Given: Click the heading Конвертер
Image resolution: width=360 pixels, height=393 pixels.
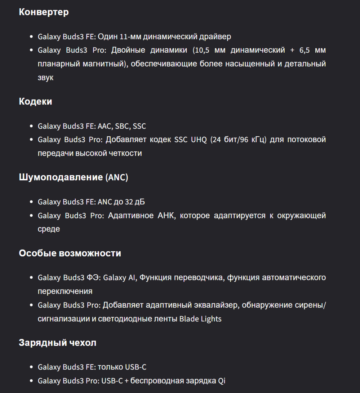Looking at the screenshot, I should [44, 12].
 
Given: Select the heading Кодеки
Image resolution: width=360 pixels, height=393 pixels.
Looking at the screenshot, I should [35, 102].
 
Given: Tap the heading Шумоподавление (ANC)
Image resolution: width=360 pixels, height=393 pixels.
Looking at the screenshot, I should [74, 177].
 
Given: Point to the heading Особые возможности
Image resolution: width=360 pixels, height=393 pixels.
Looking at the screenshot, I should [70, 253].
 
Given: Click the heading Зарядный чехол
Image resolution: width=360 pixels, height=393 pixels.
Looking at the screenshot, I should [57, 343].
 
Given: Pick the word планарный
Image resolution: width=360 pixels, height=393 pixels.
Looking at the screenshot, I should [55, 64].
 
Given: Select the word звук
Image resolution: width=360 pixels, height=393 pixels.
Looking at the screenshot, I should [46, 78].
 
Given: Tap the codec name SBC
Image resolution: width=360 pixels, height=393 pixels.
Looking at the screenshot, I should [122, 126].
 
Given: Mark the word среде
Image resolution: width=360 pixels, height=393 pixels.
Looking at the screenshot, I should [49, 229].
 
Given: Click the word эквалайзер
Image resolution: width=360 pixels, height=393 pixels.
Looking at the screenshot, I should [214, 305].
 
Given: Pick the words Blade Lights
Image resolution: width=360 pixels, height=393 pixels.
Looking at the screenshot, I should [200, 319].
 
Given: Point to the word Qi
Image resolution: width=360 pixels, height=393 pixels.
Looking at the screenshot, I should [222, 381].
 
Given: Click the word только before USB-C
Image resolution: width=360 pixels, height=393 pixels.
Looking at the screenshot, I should [110, 367].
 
